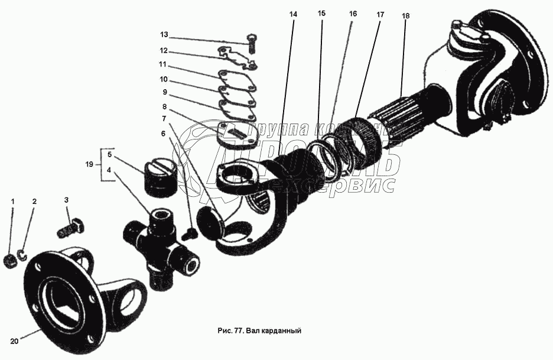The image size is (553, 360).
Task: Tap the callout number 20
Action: tap(14, 340)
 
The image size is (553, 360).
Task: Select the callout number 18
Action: tap(405, 15)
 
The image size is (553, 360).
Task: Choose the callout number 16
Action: tap(353, 13)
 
